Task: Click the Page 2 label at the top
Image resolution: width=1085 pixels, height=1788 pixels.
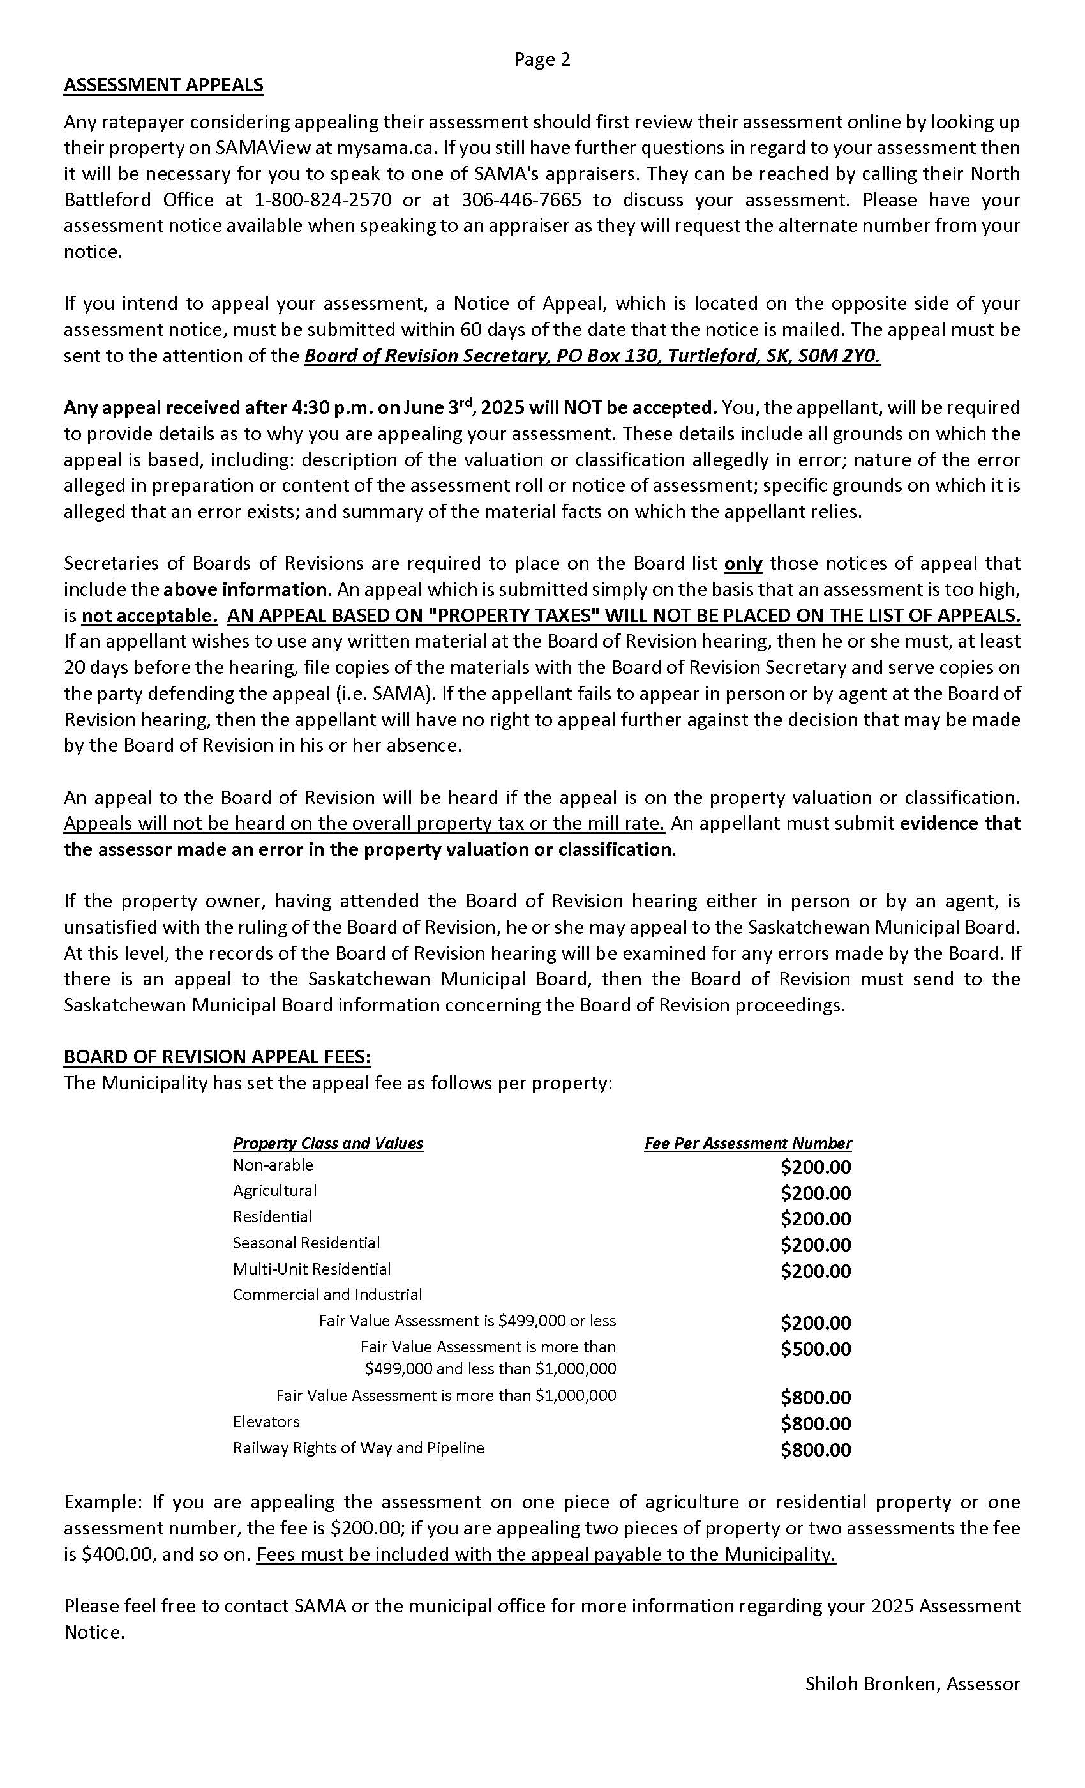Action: (x=542, y=59)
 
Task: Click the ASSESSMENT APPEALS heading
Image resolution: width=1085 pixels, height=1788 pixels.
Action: (x=163, y=86)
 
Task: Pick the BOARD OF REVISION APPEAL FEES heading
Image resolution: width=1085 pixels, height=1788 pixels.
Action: (x=217, y=1057)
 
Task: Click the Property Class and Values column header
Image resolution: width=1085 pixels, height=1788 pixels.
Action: (x=328, y=1143)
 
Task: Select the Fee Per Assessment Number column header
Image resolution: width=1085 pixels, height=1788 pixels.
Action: (x=748, y=1143)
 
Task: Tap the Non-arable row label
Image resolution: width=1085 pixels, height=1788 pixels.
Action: (x=273, y=1165)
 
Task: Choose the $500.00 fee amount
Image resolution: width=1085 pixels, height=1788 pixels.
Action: (x=815, y=1349)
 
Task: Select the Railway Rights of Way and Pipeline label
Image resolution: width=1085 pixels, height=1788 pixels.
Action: (x=358, y=1448)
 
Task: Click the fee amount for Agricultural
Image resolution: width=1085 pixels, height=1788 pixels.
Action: (x=815, y=1193)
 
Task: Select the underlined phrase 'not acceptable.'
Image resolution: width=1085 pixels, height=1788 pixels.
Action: (x=149, y=616)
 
